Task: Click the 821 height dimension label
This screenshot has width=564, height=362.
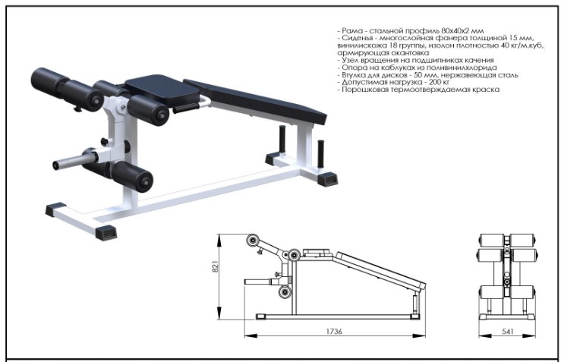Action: coord(215,266)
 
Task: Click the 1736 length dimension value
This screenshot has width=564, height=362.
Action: coord(334,331)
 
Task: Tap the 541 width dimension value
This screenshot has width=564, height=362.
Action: coord(508,331)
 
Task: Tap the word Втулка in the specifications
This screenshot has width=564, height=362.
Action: coord(352,75)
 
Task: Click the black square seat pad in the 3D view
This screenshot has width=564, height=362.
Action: coord(161,89)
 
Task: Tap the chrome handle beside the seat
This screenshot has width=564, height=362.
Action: coord(203,102)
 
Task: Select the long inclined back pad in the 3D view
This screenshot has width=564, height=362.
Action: coord(255,102)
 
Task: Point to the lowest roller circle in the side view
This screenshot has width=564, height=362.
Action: coord(285,291)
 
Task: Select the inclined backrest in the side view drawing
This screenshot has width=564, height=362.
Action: coord(380,271)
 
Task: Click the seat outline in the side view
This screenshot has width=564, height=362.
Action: coord(317,253)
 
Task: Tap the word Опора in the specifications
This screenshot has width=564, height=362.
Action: coord(352,68)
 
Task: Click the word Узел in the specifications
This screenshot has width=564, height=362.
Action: coord(349,60)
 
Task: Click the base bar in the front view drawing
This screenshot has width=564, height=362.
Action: coord(507,316)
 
